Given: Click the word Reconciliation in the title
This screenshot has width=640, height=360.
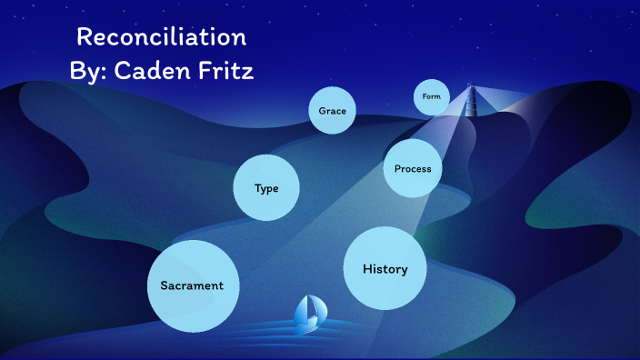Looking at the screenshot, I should pos(161,37).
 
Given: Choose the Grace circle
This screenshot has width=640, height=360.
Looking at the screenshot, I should pos(332,111).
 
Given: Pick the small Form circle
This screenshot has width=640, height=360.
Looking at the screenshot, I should pos(431,97).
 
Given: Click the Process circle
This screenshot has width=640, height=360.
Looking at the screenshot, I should pos(413,168).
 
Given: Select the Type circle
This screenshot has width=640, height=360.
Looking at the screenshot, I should pos(266,188).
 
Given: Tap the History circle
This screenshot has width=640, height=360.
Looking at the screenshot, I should pos(385,268).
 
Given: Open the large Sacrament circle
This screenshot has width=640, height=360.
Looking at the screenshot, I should pos(192,285).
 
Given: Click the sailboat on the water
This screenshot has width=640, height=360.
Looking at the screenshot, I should pos(308,314).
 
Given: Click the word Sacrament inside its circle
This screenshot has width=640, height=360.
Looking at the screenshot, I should pos(192,285).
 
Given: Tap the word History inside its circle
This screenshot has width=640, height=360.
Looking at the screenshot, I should pos(385,269).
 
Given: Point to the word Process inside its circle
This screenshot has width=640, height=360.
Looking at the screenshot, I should pos(413,169).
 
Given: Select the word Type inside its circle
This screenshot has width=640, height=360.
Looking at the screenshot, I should pos(266,189).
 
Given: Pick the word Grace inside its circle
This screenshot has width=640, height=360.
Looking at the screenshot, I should pos(332,111).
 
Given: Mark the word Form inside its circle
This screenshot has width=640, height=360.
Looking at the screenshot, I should pos(431,96).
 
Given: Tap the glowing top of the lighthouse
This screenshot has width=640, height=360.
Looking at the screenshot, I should pos(471,88).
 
